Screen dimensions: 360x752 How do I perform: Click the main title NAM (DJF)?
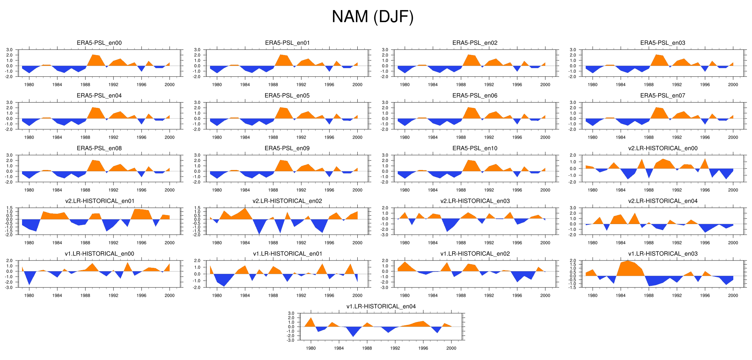point(373,17)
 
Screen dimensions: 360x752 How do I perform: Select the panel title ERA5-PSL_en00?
point(99,43)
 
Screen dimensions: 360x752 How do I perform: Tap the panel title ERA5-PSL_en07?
point(663,96)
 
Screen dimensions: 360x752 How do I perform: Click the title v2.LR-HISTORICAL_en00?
point(663,148)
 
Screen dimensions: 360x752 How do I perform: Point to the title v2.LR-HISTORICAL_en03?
point(475,201)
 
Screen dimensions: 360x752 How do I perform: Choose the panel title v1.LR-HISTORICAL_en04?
point(381,307)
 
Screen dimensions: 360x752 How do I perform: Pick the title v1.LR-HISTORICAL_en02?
point(475,254)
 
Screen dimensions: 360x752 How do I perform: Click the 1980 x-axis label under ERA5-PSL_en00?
point(29,85)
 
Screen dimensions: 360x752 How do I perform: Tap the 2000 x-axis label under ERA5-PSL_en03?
point(733,85)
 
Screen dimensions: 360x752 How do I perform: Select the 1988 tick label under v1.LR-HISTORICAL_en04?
point(367,348)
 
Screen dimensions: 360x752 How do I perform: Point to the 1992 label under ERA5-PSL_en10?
point(489,190)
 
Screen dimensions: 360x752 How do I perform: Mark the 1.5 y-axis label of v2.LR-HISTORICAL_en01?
point(9,208)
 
